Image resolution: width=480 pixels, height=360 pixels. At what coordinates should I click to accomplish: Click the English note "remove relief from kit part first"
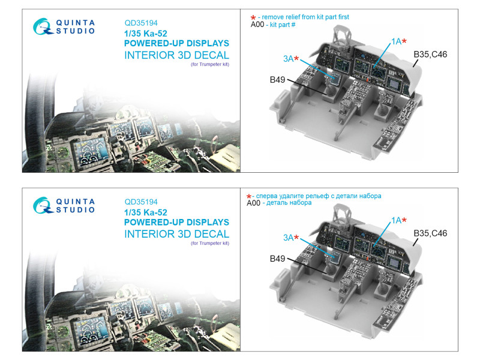[x=305, y=17]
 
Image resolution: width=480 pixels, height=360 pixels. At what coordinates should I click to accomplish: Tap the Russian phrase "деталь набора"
[x=289, y=203]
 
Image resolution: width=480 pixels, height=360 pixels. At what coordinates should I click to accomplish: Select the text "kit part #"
[x=283, y=25]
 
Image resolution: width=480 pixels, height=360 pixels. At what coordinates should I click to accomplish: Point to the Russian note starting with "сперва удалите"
[x=319, y=196]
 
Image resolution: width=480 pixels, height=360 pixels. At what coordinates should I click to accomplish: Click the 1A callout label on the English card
[x=396, y=41]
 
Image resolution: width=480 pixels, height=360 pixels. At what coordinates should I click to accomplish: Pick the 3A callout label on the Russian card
[x=288, y=238]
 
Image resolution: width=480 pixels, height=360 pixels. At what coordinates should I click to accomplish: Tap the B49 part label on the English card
[x=277, y=80]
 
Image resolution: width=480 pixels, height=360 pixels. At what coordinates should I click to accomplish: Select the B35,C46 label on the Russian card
[x=430, y=233]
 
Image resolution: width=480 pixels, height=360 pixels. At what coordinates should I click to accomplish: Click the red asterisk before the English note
[x=253, y=18]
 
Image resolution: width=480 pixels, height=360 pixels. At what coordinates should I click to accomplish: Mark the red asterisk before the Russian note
[x=249, y=197]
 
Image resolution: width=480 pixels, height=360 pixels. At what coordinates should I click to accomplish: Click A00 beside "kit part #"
[x=257, y=25]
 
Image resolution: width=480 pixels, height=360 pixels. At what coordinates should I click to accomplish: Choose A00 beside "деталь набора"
[x=253, y=203]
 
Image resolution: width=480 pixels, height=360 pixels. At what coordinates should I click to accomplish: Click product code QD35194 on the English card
[x=141, y=23]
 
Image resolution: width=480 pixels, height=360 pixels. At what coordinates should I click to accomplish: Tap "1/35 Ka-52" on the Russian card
[x=146, y=212]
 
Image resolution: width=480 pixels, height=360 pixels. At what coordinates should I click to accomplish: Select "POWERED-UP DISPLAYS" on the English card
[x=176, y=43]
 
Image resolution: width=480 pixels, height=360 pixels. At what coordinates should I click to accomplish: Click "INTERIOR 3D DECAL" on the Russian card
[x=176, y=234]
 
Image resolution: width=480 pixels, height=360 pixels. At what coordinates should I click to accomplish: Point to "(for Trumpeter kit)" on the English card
[x=210, y=64]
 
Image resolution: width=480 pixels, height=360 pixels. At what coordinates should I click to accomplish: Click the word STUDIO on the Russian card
[x=76, y=209]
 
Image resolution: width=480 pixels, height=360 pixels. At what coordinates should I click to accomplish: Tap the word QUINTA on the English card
[x=76, y=23]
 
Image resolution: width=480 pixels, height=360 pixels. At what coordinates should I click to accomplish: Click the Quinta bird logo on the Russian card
[x=43, y=205]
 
